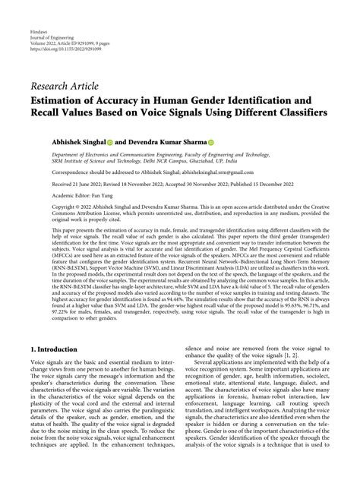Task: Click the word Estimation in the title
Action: point(62,99)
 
